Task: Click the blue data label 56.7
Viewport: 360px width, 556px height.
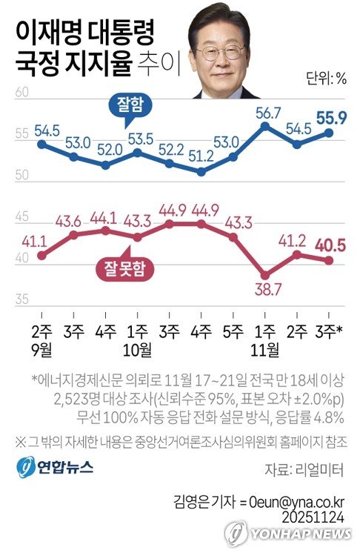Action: point(267,113)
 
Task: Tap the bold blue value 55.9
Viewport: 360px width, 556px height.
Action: point(331,116)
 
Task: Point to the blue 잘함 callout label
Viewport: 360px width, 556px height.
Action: point(125,105)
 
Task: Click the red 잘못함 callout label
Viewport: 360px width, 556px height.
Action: point(119,268)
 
